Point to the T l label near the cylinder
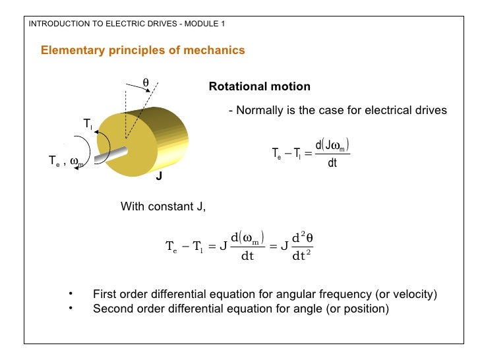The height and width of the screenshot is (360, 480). (88, 124)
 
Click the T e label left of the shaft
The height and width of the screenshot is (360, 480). (54, 160)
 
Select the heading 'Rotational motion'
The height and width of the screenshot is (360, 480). (259, 87)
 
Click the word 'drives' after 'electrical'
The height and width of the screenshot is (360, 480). (431, 111)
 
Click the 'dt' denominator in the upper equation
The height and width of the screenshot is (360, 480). (332, 162)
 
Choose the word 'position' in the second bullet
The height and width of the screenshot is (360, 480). (367, 308)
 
